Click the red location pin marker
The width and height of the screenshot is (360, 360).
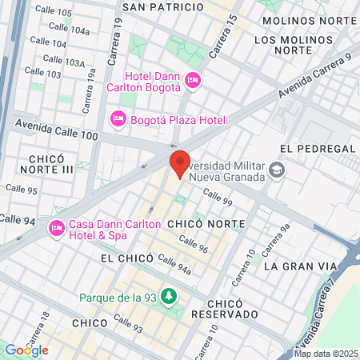click(x=180, y=163)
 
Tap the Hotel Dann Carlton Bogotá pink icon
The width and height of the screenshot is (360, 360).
click(x=192, y=80)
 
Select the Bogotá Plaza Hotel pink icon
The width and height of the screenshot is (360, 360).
click(x=117, y=119)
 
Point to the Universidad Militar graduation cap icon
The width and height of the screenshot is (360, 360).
click(x=277, y=170)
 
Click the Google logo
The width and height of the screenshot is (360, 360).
click(x=26, y=350)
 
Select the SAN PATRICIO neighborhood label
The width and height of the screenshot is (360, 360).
click(x=162, y=6)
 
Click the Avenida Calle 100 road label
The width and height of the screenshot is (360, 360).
click(x=56, y=127)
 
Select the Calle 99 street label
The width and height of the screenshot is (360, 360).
click(x=217, y=197)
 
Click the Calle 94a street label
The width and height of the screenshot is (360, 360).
click(x=174, y=262)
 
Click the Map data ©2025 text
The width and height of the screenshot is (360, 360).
click(x=325, y=354)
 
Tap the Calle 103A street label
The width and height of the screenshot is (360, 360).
click(x=64, y=61)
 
